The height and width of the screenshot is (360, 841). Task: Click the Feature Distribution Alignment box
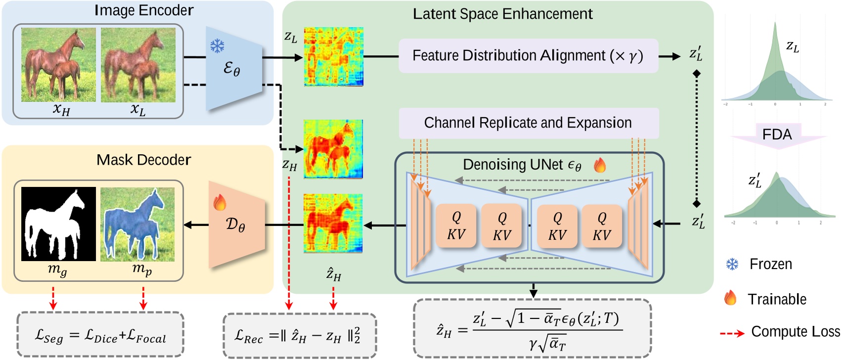tap(528, 56)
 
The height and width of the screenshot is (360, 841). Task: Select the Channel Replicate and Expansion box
tap(528, 123)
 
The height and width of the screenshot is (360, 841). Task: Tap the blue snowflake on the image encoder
tap(217, 46)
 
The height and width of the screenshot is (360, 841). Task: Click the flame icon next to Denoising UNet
tap(600, 165)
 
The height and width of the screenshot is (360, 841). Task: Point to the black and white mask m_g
tap(58, 224)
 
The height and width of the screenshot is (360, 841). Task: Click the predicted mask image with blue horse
tap(137, 224)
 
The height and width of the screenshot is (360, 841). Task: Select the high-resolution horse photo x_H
tap(58, 65)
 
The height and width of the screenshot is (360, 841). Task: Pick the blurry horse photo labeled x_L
tap(138, 65)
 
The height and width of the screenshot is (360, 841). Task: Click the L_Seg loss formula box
tap(100, 335)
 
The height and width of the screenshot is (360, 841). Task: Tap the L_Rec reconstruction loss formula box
tap(299, 335)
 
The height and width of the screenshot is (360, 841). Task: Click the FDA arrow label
tap(777, 135)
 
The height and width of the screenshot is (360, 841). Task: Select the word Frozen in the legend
tap(770, 264)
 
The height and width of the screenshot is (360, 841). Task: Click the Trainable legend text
tap(777, 299)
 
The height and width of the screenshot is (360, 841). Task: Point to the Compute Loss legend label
tap(795, 332)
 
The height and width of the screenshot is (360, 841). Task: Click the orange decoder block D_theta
tap(236, 225)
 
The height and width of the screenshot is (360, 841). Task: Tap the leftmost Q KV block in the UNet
tap(456, 225)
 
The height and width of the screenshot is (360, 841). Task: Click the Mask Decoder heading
tap(143, 160)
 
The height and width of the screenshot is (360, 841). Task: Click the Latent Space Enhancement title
tap(502, 14)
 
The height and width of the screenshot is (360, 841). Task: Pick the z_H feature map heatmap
tap(333, 149)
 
